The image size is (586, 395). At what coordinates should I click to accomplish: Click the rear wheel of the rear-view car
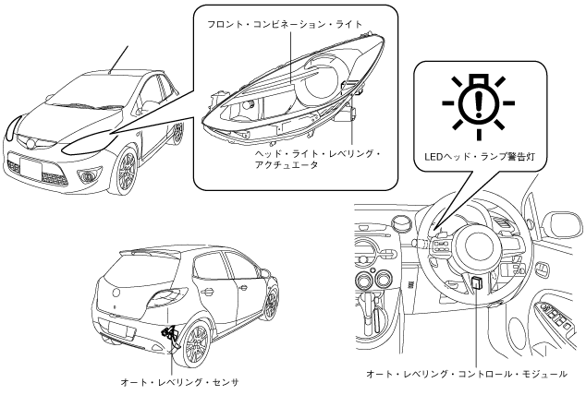pos(195,342)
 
